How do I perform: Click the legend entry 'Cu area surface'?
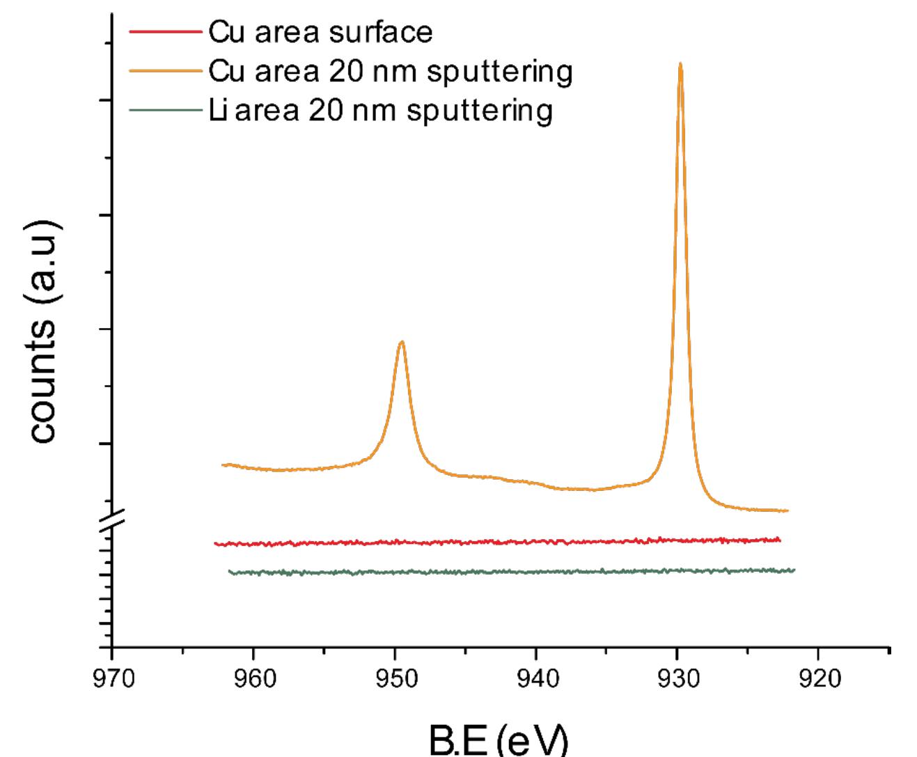click(x=320, y=32)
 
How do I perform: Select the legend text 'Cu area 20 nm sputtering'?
click(x=390, y=71)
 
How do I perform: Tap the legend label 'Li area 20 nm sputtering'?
click(x=380, y=110)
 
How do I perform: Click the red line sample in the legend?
click(x=166, y=32)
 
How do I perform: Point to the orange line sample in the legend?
click(x=166, y=71)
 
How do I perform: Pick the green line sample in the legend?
click(x=166, y=110)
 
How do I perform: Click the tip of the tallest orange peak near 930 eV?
click(x=680, y=63)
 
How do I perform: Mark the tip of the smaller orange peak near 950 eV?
click(x=401, y=341)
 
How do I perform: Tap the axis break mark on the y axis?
click(x=112, y=520)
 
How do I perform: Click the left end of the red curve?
click(x=215, y=543)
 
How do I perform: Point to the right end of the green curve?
click(x=794, y=570)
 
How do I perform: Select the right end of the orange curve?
click(x=788, y=510)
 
